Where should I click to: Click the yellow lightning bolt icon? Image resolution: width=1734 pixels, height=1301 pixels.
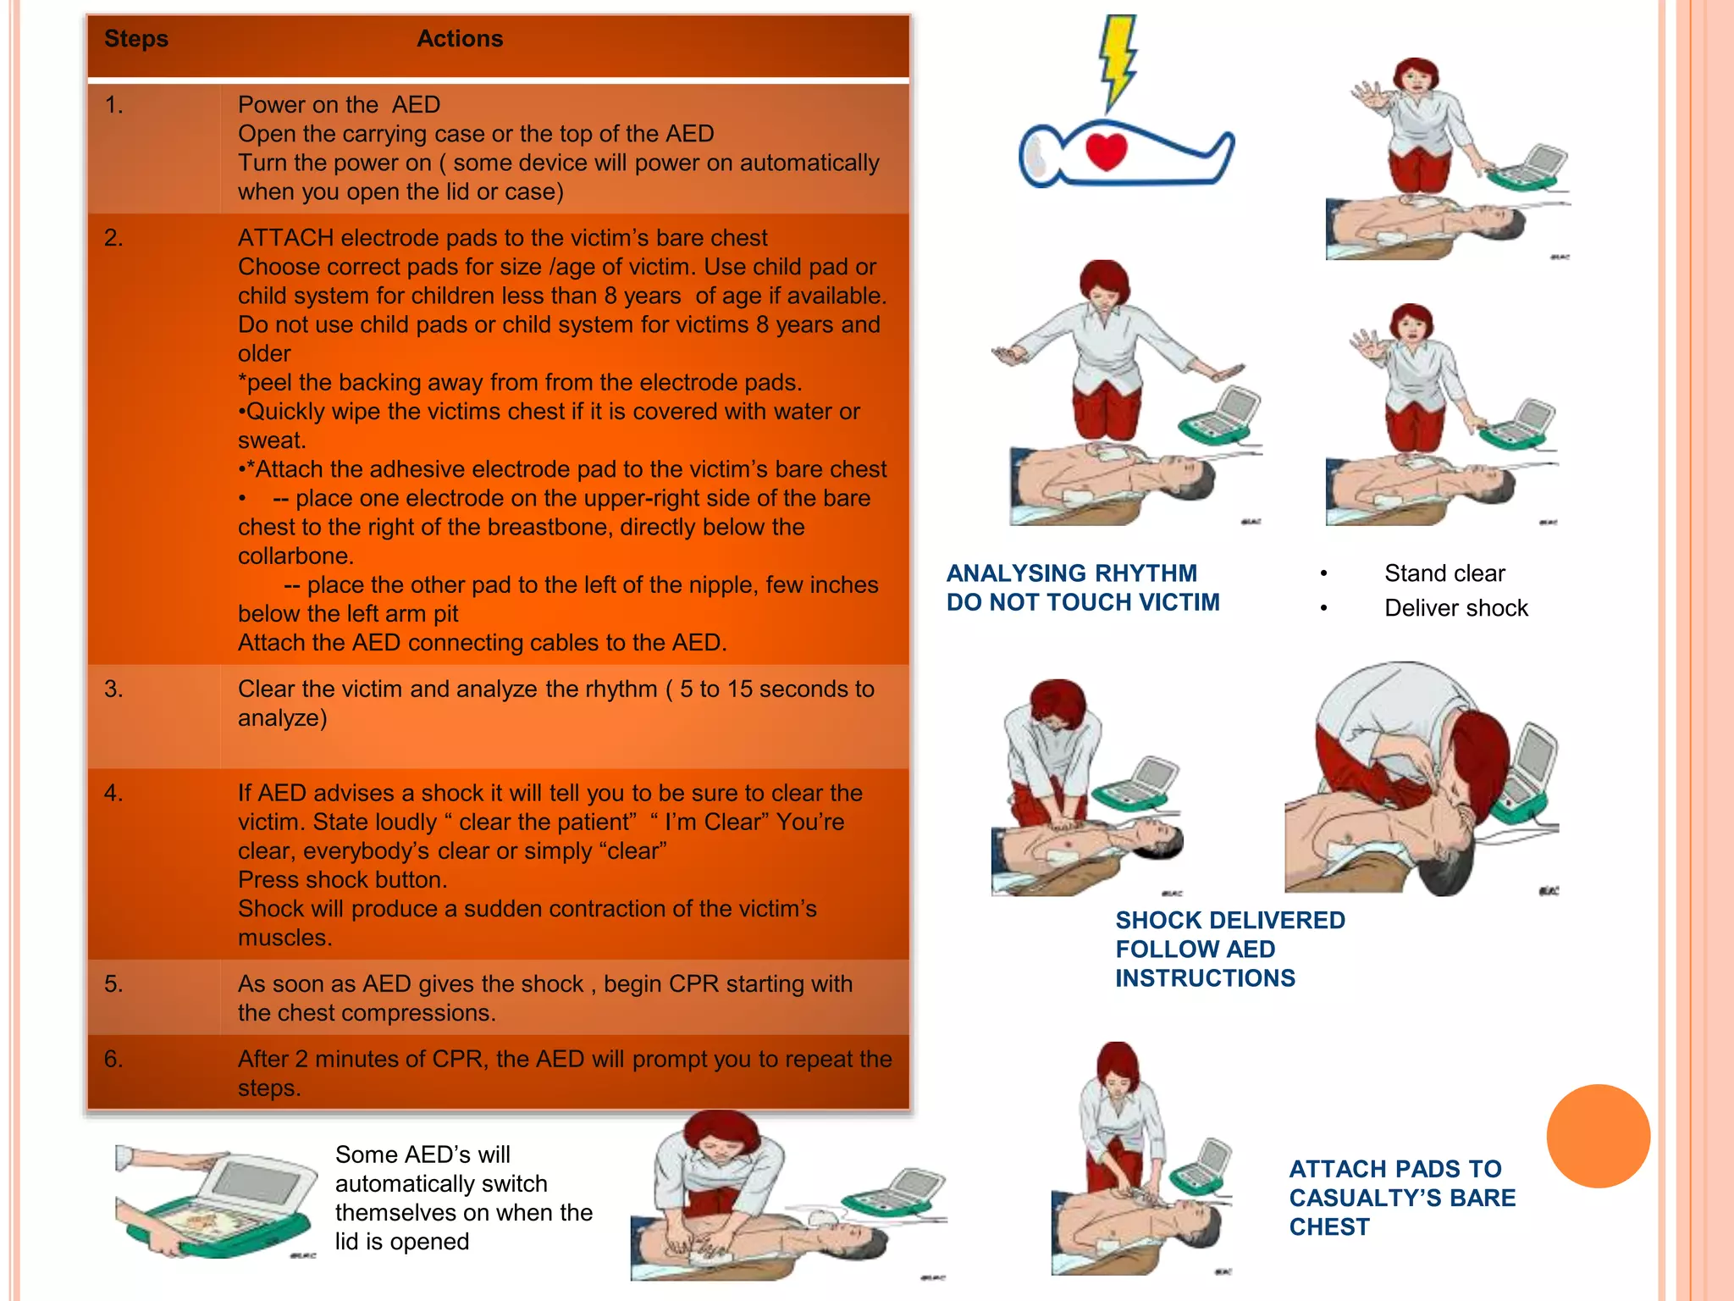[x=1118, y=59]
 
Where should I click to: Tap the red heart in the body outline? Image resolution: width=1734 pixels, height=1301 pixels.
[x=1106, y=151]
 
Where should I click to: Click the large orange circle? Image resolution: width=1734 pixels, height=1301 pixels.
[x=1598, y=1136]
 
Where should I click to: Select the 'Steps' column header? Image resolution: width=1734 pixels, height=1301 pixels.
[x=136, y=39]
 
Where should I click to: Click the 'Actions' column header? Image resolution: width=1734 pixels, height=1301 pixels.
[x=460, y=39]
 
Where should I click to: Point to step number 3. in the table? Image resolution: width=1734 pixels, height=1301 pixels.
[x=113, y=689]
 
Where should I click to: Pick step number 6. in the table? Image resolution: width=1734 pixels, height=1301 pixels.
[x=113, y=1059]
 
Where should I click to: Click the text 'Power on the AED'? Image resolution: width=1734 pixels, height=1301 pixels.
[x=339, y=105]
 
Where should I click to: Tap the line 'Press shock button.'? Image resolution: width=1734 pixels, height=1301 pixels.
[x=342, y=880]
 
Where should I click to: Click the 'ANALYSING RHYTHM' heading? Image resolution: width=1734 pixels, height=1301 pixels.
[x=1071, y=573]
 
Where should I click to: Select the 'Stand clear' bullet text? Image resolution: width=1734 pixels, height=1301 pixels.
[x=1444, y=573]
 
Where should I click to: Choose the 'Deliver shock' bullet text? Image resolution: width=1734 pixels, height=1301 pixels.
[x=1456, y=608]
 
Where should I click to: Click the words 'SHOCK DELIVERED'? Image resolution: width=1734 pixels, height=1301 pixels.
[x=1229, y=921]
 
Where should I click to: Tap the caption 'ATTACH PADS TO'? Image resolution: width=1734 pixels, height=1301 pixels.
[x=1394, y=1170]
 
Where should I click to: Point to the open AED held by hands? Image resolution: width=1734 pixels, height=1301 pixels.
[x=216, y=1203]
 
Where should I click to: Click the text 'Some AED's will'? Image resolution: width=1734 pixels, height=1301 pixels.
[x=422, y=1155]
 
